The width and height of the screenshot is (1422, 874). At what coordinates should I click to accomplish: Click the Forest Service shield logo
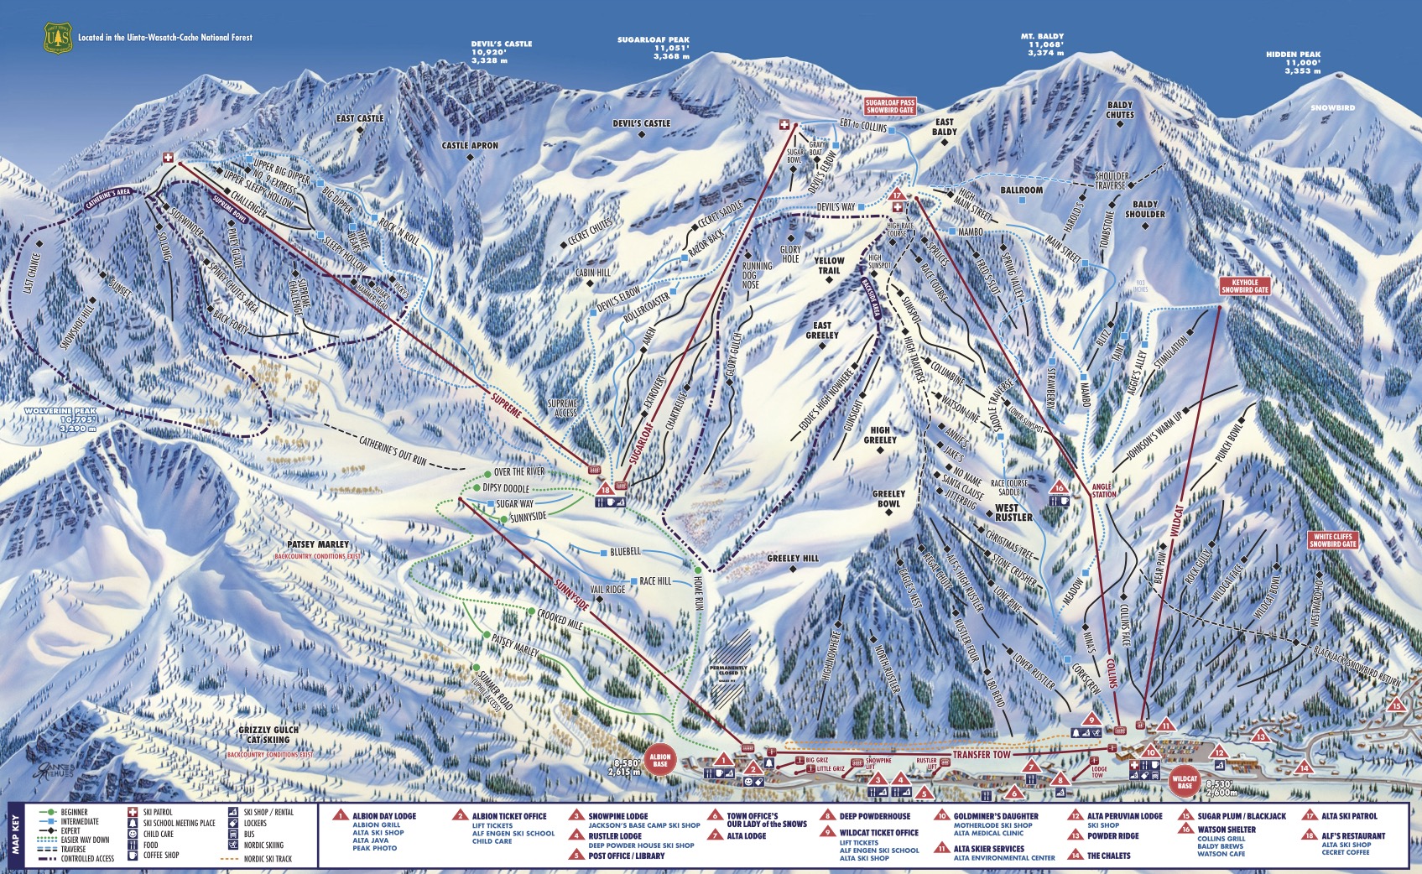tap(58, 38)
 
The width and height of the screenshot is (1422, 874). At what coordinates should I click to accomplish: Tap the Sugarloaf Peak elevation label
tap(654, 48)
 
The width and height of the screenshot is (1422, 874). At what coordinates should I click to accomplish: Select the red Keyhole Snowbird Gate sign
tap(1245, 286)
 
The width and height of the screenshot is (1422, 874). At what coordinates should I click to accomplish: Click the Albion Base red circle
tap(660, 760)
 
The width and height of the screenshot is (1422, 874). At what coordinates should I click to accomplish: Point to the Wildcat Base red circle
tap(1185, 781)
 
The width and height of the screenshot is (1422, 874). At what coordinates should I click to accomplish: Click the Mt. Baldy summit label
tap(1042, 44)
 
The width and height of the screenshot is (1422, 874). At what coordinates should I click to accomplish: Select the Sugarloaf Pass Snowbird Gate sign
tap(890, 107)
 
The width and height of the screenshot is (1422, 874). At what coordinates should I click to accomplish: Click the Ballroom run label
tap(1021, 190)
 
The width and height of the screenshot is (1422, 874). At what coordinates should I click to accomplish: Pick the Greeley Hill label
tap(792, 558)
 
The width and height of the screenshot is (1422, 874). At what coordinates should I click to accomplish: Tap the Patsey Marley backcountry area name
tap(317, 544)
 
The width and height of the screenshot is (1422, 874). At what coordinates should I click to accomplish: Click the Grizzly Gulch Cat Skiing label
tap(269, 735)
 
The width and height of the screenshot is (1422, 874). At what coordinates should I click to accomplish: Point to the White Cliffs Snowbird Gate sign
tap(1334, 540)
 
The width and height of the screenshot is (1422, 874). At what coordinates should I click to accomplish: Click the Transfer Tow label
tap(982, 755)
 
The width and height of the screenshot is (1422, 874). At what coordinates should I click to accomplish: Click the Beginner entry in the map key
tap(74, 812)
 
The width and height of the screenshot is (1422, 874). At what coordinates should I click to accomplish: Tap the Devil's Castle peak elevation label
tap(501, 52)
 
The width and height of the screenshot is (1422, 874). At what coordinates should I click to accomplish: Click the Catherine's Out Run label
tap(393, 449)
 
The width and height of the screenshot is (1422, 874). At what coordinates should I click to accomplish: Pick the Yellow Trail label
tap(829, 266)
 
